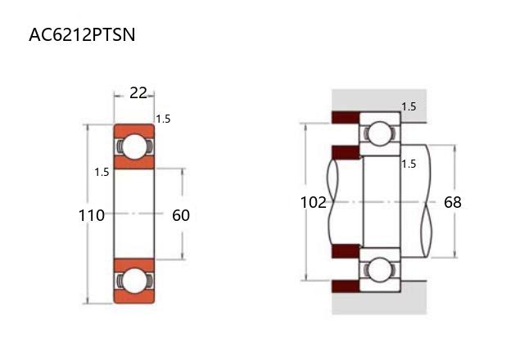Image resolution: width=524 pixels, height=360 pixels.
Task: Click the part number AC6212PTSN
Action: coord(82,34)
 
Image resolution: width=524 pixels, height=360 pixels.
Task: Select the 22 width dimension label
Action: coord(138,92)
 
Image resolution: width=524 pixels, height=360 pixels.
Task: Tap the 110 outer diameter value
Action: coord(91,215)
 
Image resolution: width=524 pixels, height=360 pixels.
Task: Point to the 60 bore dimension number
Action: coord(181,215)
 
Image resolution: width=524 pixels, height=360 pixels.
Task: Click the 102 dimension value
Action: coord(313,202)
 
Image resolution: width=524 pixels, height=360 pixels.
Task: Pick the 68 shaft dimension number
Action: coord(453,202)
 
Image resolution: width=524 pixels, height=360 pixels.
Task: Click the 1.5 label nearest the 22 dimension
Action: coord(163,119)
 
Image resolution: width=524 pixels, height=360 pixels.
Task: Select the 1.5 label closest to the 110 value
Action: coord(102,173)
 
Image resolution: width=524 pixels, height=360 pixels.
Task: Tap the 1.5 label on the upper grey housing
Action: coord(409,107)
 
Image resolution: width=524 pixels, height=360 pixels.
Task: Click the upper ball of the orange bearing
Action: coord(134,146)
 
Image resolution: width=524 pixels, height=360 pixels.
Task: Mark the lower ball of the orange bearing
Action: coord(134,281)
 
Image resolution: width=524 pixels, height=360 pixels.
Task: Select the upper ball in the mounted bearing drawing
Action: coord(380,134)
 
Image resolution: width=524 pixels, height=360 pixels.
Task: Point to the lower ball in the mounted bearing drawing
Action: coord(380,269)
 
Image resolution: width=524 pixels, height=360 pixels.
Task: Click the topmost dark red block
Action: coord(346,117)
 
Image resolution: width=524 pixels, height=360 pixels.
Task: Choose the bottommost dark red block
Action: coord(346,286)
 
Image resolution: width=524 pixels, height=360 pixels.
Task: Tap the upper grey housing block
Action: coord(379,100)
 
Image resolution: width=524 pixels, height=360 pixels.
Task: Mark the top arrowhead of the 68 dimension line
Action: coord(455,148)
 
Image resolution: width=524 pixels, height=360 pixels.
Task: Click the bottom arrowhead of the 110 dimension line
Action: coord(88,300)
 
